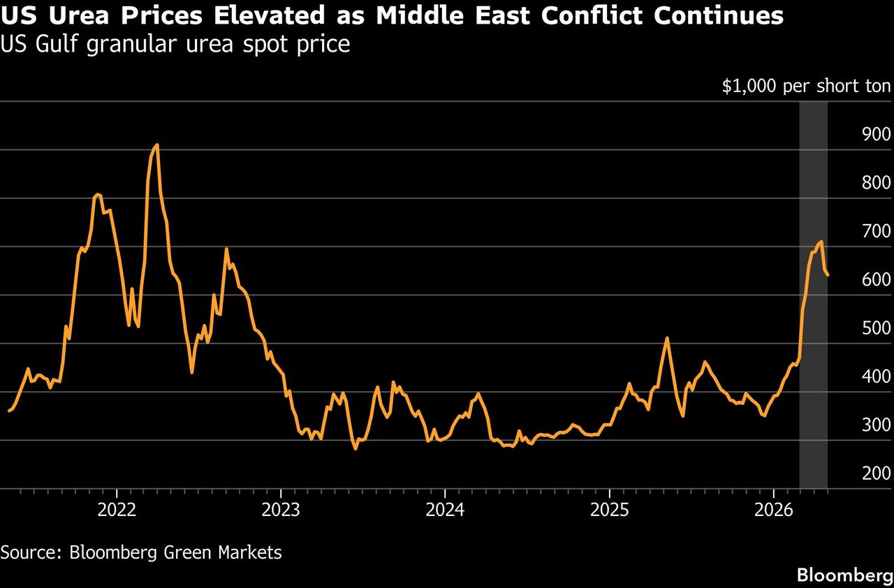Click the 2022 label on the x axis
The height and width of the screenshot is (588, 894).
tap(117, 510)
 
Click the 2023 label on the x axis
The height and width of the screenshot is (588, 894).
tap(281, 510)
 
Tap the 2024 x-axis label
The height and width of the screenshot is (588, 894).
tap(445, 510)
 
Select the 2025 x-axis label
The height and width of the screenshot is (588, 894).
tap(610, 510)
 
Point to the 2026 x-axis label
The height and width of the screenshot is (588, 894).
tap(773, 510)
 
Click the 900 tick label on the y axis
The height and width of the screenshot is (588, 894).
tap(876, 134)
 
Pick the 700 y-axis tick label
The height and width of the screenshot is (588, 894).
tap(876, 231)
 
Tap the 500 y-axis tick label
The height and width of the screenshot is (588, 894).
tap(876, 328)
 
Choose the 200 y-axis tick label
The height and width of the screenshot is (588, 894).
tap(876, 473)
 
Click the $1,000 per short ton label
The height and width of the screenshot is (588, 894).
tap(806, 86)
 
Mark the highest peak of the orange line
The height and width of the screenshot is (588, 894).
tap(157, 145)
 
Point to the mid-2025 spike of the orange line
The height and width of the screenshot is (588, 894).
tap(666, 338)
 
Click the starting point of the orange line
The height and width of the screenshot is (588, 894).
tap(9, 411)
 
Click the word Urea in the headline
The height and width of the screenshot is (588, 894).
tap(79, 16)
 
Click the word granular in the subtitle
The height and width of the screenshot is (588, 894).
tap(131, 45)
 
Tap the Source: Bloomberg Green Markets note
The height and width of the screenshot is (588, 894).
tap(141, 552)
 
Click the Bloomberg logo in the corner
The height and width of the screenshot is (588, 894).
tap(845, 575)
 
